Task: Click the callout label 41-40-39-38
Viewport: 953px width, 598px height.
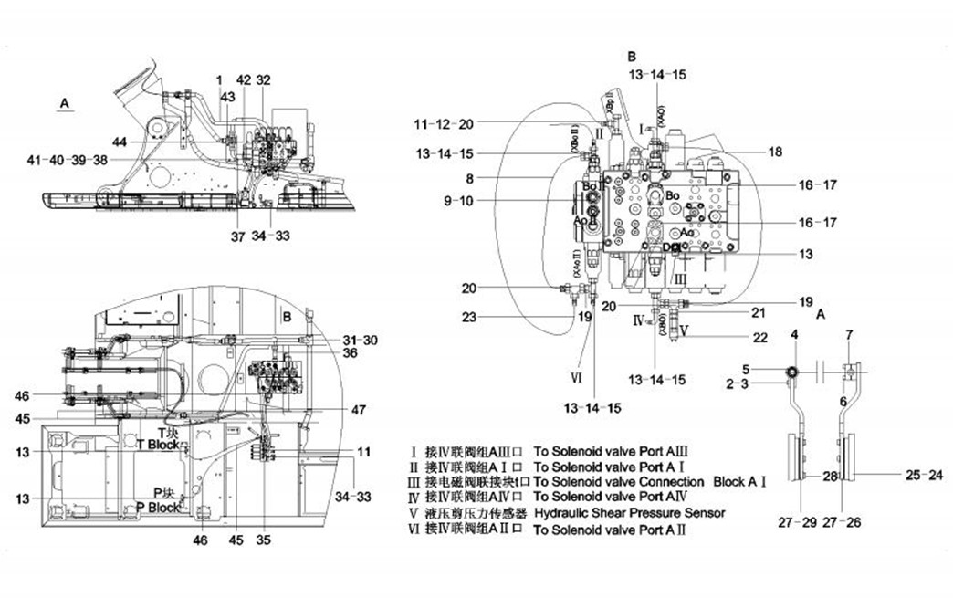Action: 68,160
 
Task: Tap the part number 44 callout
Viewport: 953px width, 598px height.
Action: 120,142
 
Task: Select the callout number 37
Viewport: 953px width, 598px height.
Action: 237,237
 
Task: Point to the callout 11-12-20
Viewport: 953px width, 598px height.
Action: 443,124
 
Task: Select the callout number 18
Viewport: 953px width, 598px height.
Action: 775,152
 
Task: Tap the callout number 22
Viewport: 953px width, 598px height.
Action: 760,337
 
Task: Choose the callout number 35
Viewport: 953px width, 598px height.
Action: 265,540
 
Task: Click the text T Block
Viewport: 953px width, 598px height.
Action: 158,445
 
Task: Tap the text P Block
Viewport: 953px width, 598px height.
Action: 158,508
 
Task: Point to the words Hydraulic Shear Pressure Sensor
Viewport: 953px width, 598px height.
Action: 629,513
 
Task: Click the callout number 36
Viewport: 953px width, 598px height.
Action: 351,352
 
